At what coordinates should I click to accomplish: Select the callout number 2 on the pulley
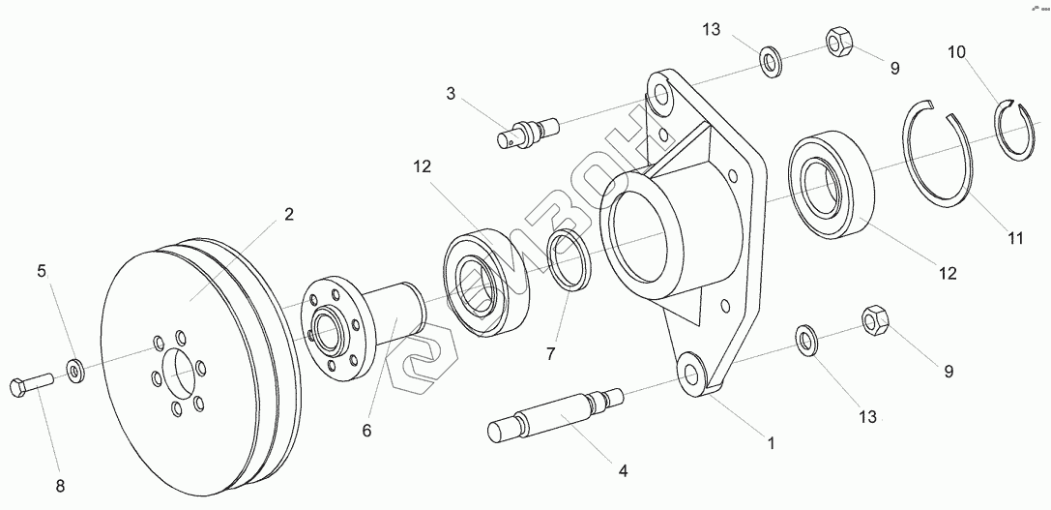pos(288,215)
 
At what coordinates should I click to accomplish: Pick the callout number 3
pos(451,94)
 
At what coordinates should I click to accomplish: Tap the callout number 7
pos(550,352)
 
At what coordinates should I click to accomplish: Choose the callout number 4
pos(623,471)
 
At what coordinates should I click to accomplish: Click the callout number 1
pos(771,443)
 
